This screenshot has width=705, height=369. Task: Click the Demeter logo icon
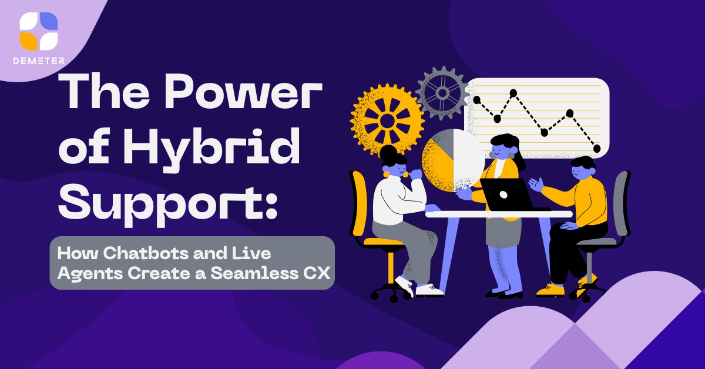[39, 31]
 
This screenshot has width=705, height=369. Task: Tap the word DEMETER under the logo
[39, 61]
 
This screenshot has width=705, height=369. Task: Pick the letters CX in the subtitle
[317, 273]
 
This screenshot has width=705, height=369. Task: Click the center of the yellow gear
[387, 120]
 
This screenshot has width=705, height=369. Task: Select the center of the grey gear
[442, 93]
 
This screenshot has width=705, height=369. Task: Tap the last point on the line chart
[596, 148]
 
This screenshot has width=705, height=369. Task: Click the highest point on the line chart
[513, 93]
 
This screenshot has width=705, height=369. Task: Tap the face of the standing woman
[501, 150]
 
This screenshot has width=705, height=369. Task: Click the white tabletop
[499, 214]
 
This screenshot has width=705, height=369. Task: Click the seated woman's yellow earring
[386, 174]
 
